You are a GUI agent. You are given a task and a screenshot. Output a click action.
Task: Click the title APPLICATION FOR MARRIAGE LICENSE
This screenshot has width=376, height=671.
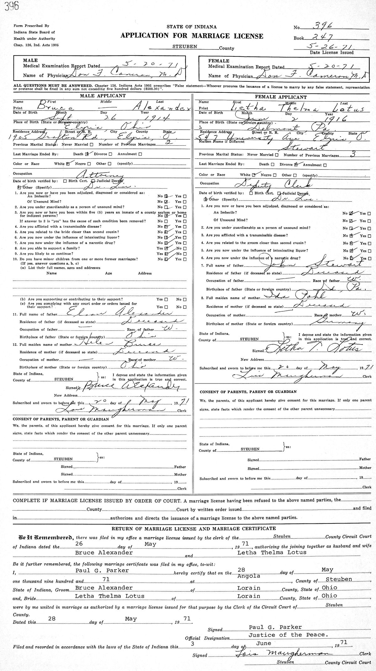pos(192,36)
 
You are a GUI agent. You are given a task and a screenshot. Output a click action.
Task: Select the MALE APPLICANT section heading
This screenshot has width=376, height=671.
pos(103,96)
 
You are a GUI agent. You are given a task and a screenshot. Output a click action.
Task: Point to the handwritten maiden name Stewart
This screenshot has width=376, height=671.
pos(311,147)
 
